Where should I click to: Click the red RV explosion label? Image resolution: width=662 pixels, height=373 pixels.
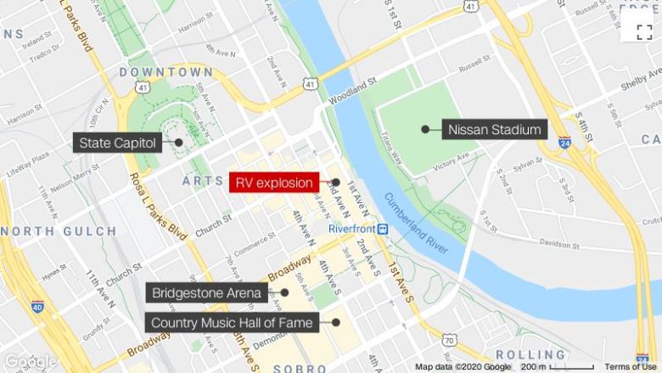(274, 182)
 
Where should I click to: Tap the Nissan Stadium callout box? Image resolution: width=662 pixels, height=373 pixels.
(495, 130)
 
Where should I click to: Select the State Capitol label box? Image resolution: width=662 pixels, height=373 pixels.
(118, 143)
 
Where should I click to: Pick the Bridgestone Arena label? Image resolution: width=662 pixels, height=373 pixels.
(207, 293)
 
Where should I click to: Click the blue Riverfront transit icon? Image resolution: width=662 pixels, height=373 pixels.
(383, 229)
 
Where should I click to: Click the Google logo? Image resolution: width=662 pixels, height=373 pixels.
(31, 363)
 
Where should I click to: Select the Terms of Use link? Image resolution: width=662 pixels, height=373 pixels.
(630, 367)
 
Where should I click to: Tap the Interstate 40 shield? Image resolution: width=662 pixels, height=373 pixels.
(37, 306)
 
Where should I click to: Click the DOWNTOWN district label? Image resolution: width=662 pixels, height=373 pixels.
(166, 72)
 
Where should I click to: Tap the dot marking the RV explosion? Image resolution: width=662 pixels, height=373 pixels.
(336, 182)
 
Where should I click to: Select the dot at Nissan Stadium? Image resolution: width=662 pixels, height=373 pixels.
(425, 130)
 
